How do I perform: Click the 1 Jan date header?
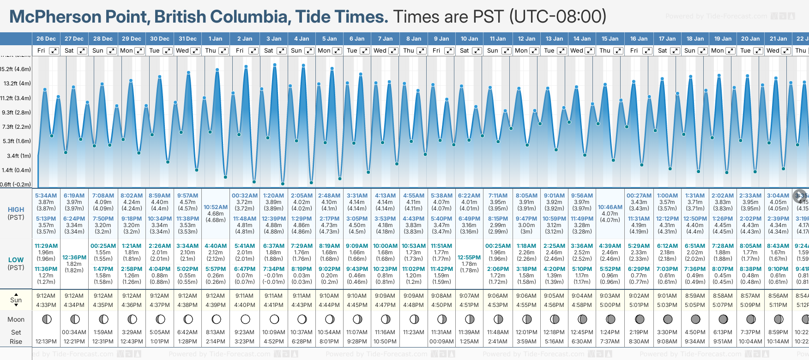[215, 39]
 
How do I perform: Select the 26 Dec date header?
[46, 39]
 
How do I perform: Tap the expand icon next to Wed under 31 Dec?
[195, 51]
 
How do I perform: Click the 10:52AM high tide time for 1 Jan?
[216, 207]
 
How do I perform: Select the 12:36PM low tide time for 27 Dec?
[74, 258]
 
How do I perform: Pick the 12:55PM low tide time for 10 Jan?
[469, 258]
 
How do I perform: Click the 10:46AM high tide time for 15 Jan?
[610, 207]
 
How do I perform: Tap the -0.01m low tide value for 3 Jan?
[273, 276]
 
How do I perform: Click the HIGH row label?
[16, 210]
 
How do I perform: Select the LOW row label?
[16, 260]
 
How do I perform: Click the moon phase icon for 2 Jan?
[245, 319]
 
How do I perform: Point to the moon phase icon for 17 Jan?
[668, 319]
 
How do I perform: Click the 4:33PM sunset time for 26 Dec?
[46, 305]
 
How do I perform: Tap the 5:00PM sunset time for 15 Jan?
[610, 305]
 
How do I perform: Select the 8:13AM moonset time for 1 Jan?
[216, 332]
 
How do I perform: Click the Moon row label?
[16, 319]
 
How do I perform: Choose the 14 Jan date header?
[582, 39]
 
